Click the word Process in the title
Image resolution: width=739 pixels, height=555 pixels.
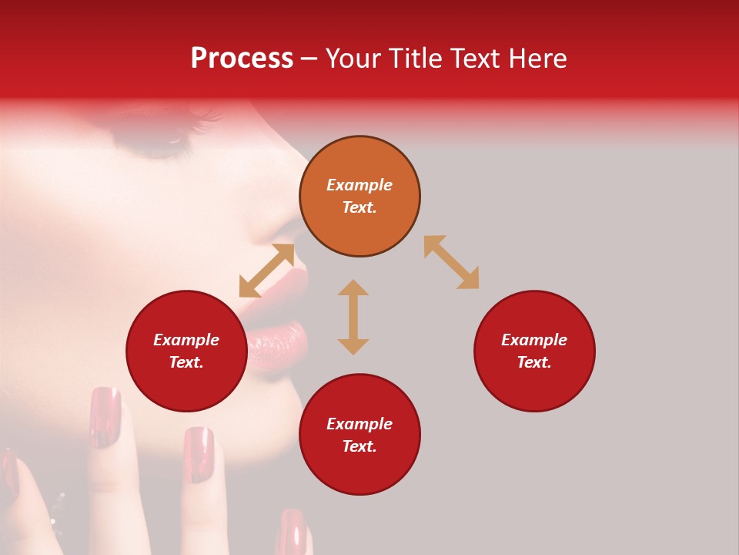tap(242, 59)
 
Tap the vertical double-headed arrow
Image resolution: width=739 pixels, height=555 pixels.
tap(353, 317)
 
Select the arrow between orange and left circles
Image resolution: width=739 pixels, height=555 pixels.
tap(266, 271)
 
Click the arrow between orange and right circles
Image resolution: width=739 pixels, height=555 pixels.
tap(451, 262)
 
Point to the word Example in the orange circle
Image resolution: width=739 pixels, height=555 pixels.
tap(359, 185)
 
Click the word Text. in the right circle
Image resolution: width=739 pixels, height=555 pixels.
tap(534, 362)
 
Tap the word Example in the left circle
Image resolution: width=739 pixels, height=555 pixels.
tap(186, 340)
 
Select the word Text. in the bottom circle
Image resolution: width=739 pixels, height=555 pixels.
tap(359, 446)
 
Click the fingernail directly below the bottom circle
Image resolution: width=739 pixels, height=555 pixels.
tap(293, 532)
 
